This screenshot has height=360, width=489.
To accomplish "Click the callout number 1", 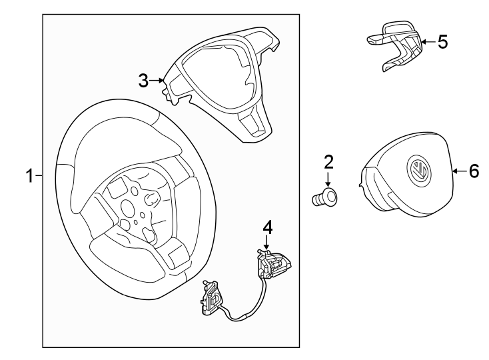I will click(x=29, y=176).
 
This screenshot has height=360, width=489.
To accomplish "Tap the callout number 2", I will click(x=328, y=162).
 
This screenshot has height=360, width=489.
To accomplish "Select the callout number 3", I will click(x=143, y=81).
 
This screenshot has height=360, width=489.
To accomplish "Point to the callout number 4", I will click(x=267, y=227).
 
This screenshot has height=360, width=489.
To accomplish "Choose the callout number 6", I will click(x=473, y=172).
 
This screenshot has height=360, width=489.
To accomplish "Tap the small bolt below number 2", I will click(x=325, y=197).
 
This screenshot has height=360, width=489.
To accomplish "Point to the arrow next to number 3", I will click(x=158, y=81).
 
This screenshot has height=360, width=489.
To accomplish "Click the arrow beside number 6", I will click(x=458, y=172).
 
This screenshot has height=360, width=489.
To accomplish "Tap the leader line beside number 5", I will click(x=428, y=41).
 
